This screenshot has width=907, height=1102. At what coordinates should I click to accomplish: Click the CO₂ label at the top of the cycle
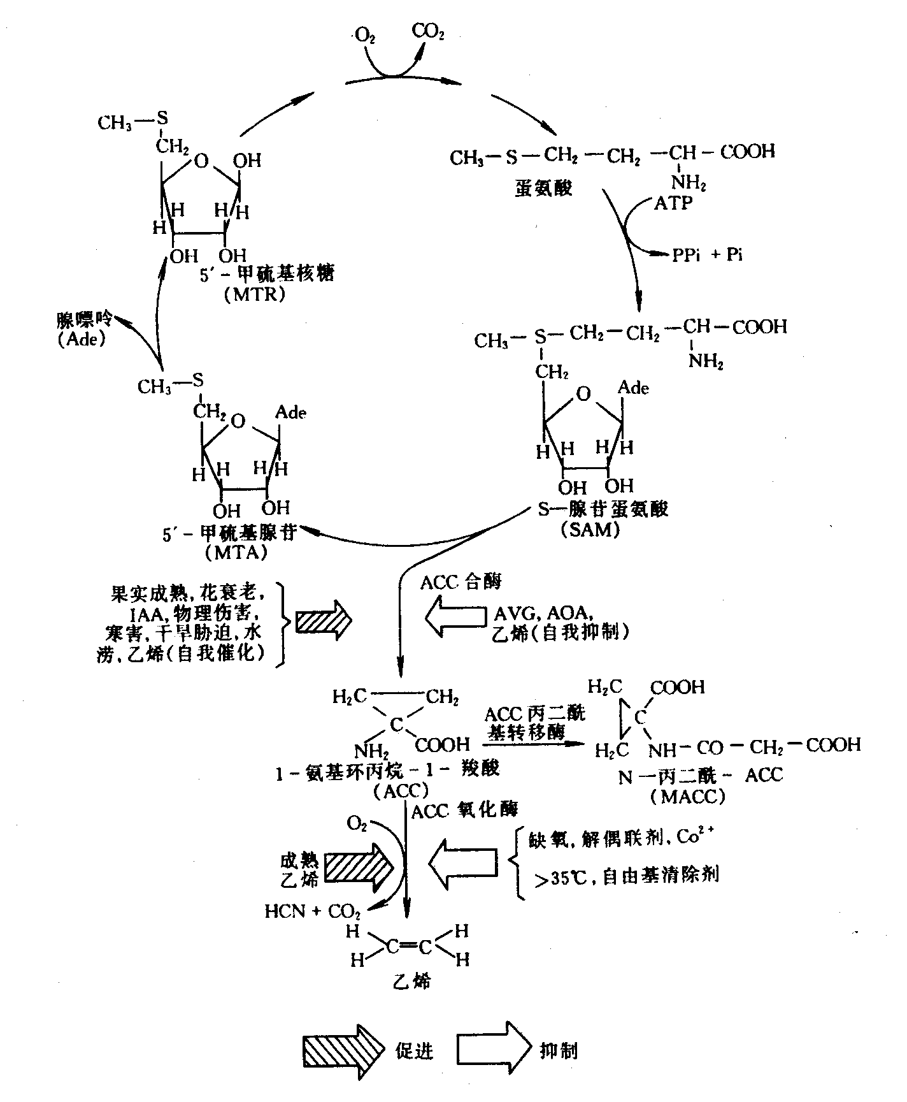click(x=428, y=31)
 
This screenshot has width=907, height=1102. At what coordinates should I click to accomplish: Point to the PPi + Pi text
click(x=707, y=255)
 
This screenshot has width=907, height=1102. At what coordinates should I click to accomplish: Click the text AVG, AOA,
click(x=545, y=613)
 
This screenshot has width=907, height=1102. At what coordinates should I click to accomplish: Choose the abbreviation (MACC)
click(x=687, y=797)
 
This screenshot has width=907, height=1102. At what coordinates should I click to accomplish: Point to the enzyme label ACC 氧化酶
click(x=465, y=811)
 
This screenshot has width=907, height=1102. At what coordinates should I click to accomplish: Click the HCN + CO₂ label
click(x=313, y=911)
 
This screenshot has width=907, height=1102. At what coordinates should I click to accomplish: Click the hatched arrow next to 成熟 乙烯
click(x=360, y=868)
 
